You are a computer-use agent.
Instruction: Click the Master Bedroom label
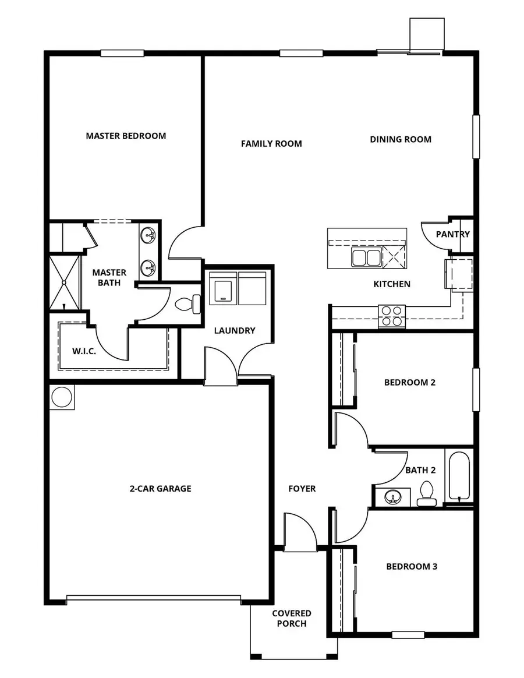[126, 136]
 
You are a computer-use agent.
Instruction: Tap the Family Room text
[271, 143]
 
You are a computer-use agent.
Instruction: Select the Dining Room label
[401, 139]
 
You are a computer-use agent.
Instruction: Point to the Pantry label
[453, 234]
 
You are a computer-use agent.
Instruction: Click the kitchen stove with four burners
[391, 316]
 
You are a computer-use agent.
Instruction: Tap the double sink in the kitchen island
[365, 257]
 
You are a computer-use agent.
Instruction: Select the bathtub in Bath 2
[459, 476]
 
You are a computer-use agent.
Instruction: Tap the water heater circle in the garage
[61, 397]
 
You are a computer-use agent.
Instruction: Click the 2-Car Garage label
[160, 489]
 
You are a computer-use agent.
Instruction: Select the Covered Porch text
[292, 619]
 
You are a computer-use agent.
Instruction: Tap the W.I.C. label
[84, 351]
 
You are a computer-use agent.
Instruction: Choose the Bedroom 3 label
[411, 566]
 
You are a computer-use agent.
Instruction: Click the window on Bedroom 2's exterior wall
[476, 389]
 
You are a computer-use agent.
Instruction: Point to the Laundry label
[235, 330]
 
